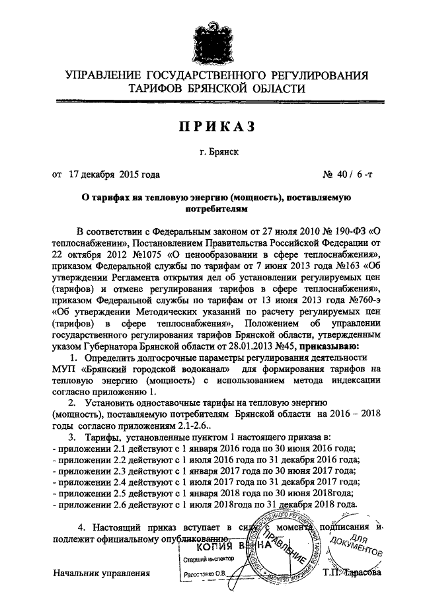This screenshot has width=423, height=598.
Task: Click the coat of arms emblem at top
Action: click(211, 34)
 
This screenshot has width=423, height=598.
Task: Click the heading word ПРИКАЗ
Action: click(211, 126)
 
